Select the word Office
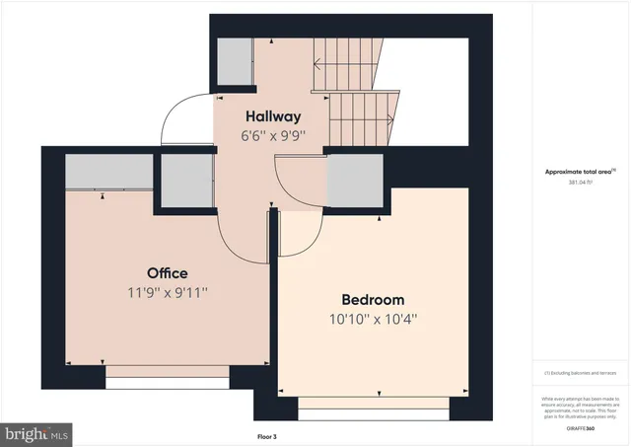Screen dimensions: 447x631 [167, 272]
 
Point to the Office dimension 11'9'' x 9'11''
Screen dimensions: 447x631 [167, 292]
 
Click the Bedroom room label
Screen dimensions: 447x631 [374, 299]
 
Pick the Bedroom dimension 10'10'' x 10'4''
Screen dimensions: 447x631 [374, 319]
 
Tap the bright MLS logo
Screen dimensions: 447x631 [36, 432]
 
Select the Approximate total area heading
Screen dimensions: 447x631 [580, 171]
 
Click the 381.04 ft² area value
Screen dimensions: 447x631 [580, 183]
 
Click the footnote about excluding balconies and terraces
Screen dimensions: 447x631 [580, 373]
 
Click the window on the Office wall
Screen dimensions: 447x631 [168, 372]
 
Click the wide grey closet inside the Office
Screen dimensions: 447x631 [109, 173]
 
